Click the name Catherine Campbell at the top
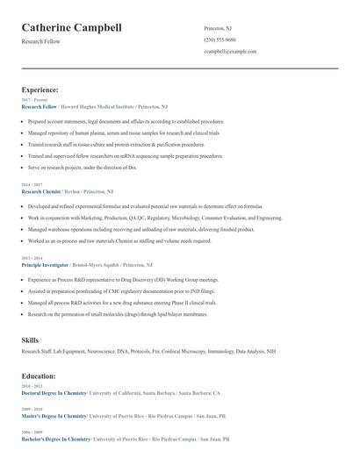pyautogui.click(x=71, y=29)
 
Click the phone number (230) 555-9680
pyautogui.click(x=220, y=40)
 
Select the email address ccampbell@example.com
pyautogui.click(x=230, y=52)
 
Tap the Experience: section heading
pyautogui.click(x=40, y=89)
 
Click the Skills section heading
pyautogui.click(x=30, y=339)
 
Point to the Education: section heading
pyautogui.click(x=40, y=375)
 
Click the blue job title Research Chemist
pyautogui.click(x=40, y=190)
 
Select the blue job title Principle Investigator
pyautogui.click(x=45, y=264)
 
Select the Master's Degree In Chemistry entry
pyautogui.click(x=54, y=417)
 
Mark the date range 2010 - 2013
pyautogui.click(x=31, y=386)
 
